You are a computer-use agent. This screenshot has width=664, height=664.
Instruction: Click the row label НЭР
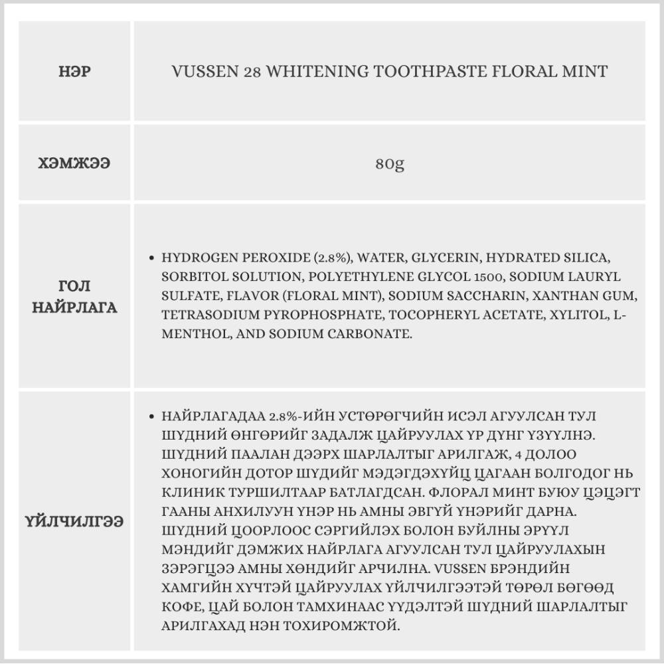pyautogui.click(x=74, y=71)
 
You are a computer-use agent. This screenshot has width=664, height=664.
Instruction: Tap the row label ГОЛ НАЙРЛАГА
pyautogui.click(x=74, y=297)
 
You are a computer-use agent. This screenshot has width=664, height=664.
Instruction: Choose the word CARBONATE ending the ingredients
pyautogui.click(x=371, y=334)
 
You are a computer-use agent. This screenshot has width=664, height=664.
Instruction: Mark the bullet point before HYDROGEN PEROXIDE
pyautogui.click(x=152, y=258)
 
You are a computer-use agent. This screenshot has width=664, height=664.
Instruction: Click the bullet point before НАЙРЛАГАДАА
pyautogui.click(x=152, y=417)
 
